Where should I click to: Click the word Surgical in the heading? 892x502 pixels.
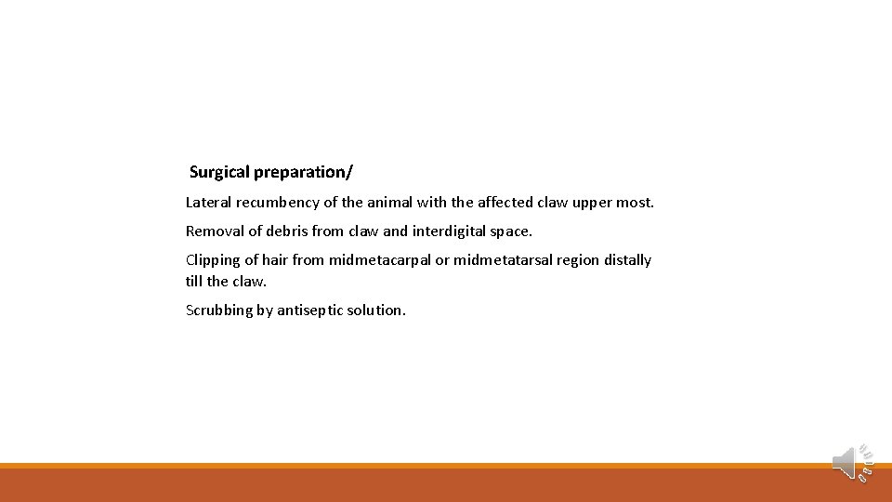219,172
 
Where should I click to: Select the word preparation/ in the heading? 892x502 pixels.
303,172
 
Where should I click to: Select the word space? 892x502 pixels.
512,231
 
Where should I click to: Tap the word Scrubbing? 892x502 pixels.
219,310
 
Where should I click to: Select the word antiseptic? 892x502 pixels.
309,310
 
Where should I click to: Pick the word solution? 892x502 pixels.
376,310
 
